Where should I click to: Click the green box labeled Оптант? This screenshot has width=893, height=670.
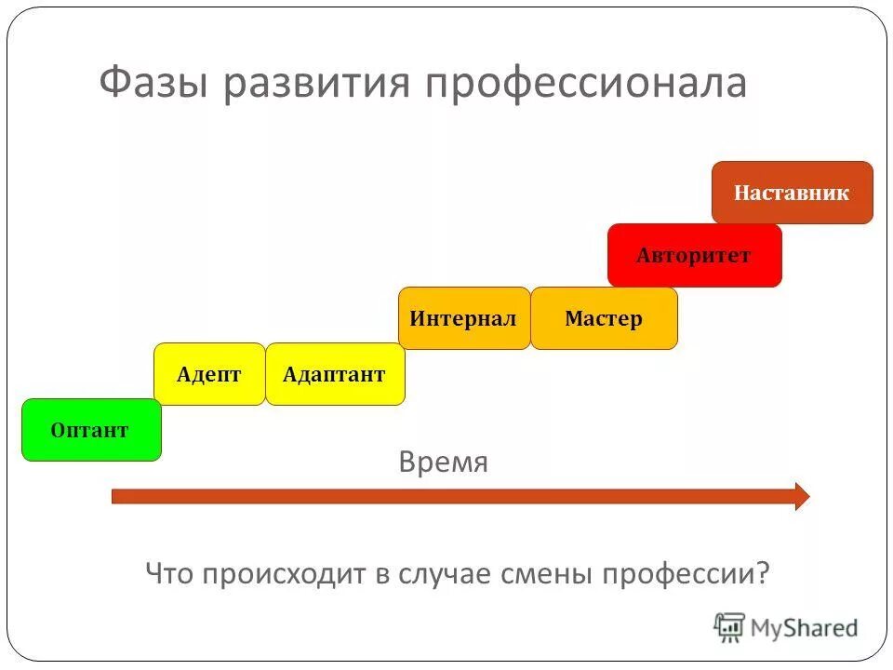point(91,430)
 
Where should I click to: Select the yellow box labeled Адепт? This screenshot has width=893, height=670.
point(209,374)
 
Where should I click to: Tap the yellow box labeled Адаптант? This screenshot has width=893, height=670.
point(335,374)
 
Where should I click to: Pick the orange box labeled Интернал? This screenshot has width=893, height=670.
point(463,318)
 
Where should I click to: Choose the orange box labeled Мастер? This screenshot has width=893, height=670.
point(604,318)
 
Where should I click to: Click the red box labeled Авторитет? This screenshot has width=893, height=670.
point(694,255)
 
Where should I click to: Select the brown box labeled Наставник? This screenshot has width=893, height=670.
point(792,193)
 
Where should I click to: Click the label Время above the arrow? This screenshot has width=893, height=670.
point(443,462)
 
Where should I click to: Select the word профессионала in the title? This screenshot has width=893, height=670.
point(586,82)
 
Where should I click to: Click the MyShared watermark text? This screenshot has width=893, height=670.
point(804,628)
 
